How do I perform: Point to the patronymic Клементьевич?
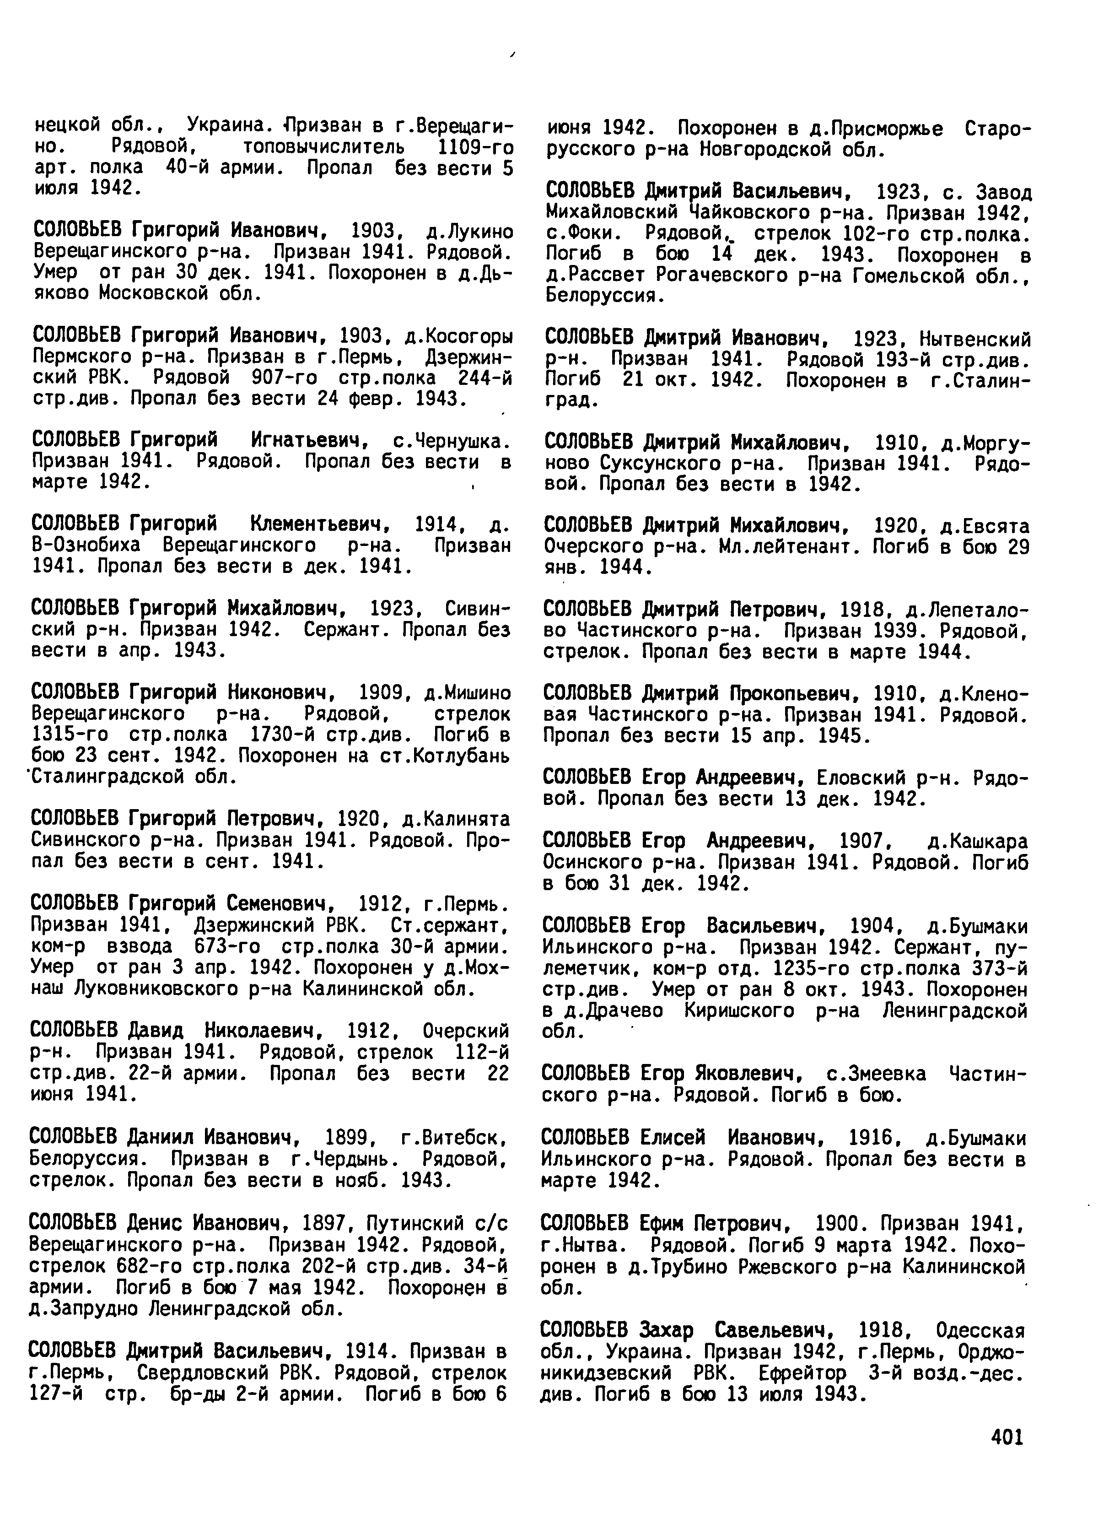pyautogui.click(x=321, y=524)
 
